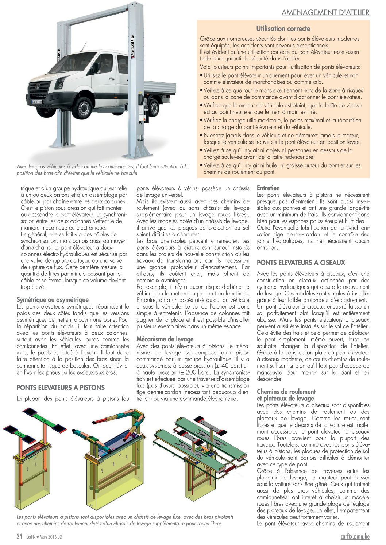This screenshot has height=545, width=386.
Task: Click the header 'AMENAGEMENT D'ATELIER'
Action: tap(325, 12)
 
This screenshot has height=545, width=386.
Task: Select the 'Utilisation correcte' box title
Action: tap(283, 28)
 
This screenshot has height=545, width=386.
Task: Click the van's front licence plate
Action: tap(37, 102)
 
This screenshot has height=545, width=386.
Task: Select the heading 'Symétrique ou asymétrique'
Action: tap(53, 300)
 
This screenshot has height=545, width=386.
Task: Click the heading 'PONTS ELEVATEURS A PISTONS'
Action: tap(61, 388)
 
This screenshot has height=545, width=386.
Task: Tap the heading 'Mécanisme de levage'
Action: tap(165, 339)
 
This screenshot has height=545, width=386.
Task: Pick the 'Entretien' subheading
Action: tap(268, 188)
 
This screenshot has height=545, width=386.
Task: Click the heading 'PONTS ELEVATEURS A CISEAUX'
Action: tap(301, 263)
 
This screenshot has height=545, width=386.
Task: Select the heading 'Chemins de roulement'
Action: tap(286, 392)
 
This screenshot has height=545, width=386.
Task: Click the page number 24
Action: tap(20, 537)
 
